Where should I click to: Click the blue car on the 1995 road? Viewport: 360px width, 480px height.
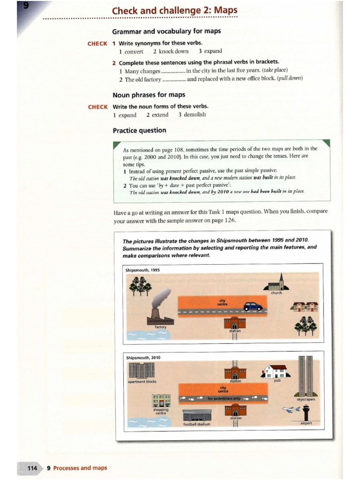click(x=253, y=306)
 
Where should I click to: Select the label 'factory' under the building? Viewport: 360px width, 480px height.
click(x=161, y=327)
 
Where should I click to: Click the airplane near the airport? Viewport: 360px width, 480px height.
click(x=292, y=409)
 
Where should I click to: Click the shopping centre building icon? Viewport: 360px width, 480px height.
click(x=161, y=401)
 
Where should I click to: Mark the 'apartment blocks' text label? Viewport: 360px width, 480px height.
click(x=142, y=381)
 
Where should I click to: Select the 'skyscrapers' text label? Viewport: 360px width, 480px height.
click(x=306, y=399)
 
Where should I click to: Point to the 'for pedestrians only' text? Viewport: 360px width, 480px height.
click(x=224, y=398)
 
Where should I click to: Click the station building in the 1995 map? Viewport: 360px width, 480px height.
click(x=234, y=322)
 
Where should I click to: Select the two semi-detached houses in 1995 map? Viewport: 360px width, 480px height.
click(x=305, y=307)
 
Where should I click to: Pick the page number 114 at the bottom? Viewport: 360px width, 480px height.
click(x=32, y=468)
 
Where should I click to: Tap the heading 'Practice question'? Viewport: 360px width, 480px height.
click(x=139, y=130)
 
